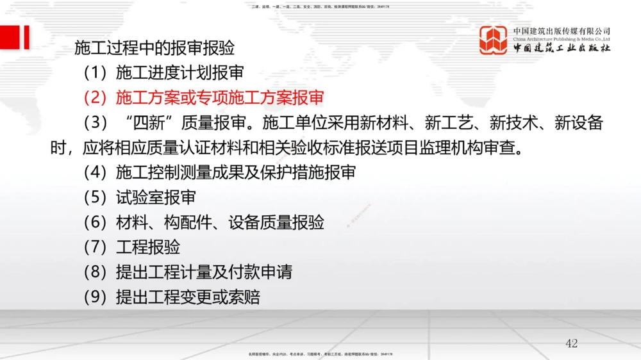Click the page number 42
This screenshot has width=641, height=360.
571,343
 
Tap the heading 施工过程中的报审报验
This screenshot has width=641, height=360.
154,48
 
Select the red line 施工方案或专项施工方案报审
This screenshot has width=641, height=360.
220,97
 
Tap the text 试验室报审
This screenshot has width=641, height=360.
156,197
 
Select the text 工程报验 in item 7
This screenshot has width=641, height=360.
148,247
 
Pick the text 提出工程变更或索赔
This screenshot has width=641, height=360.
188,297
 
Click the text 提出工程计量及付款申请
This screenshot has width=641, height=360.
204,272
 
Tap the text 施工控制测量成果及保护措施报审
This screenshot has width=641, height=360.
236,172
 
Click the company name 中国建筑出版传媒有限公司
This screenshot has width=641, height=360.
562,31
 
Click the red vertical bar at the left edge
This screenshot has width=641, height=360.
26,37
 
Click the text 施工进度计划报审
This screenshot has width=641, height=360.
179,73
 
